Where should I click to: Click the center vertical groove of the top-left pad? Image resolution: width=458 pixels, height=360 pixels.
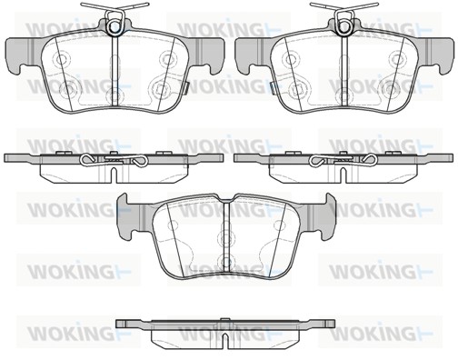114,70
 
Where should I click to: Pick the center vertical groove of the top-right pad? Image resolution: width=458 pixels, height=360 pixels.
344,70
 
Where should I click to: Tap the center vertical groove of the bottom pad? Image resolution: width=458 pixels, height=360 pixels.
226,235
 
